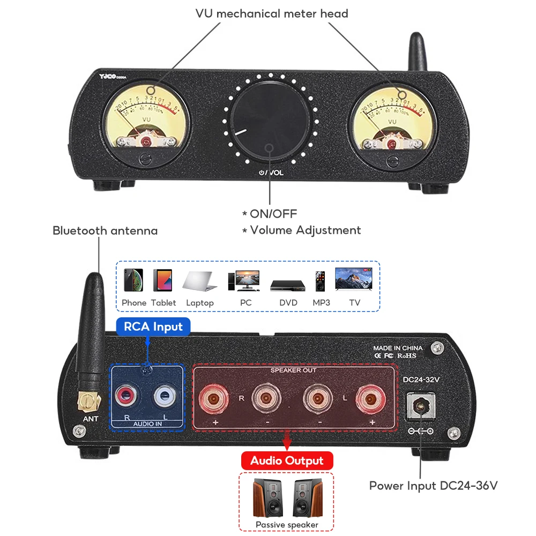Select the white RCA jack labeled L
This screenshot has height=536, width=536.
click(x=163, y=397)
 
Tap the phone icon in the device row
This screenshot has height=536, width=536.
click(x=133, y=280)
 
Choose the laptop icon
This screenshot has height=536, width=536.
click(x=199, y=281)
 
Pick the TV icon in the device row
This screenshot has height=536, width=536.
click(x=354, y=280)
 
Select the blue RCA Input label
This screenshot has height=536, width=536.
click(x=153, y=326)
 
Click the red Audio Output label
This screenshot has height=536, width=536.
click(x=287, y=460)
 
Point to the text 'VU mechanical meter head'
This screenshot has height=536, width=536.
click(x=271, y=13)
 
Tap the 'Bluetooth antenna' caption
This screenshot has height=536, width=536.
click(x=105, y=231)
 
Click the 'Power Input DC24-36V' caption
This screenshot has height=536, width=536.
click(x=433, y=486)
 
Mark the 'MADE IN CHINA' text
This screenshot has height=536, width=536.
click(x=398, y=348)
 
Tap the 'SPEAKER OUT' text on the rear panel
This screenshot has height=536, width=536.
click(x=293, y=370)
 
